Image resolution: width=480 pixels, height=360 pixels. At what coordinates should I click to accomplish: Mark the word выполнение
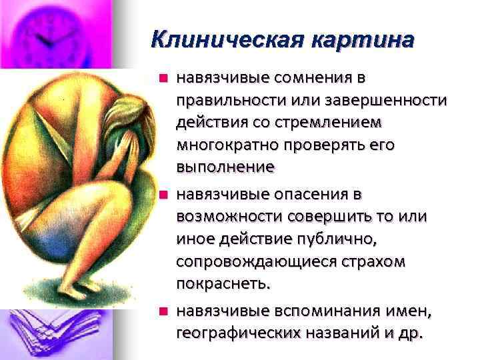[225, 167]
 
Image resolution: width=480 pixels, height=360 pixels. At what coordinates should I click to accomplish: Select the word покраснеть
[222, 283]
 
